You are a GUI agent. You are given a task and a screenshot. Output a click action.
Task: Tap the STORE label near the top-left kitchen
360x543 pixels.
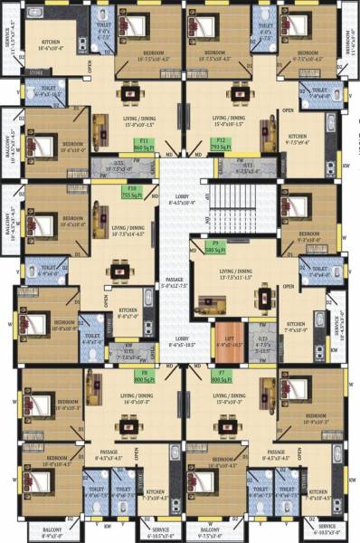pyautogui.click(x=37, y=71)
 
